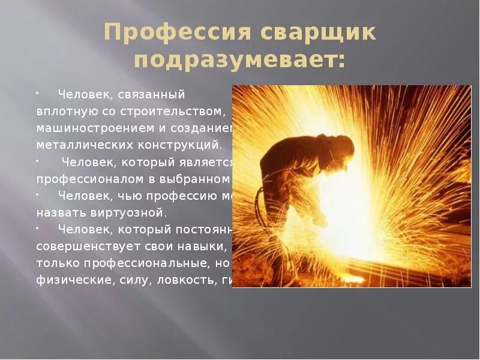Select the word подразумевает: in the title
pos(239,60)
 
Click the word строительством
pos(174,112)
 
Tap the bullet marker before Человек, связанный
pos(37,94)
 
